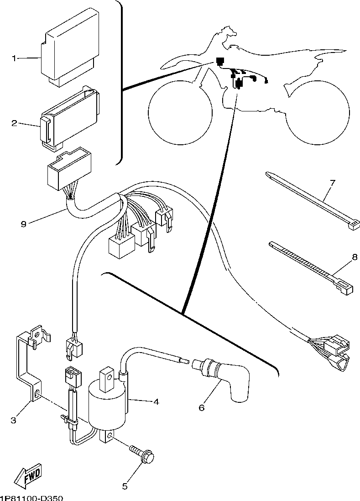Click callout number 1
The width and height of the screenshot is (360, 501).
click(15, 58)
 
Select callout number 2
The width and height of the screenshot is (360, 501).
click(15, 123)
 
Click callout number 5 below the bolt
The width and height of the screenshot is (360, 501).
click(125, 486)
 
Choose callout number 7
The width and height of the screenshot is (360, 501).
click(332, 184)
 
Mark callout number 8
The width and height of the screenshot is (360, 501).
click(354, 258)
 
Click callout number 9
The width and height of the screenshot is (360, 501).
click(24, 223)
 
